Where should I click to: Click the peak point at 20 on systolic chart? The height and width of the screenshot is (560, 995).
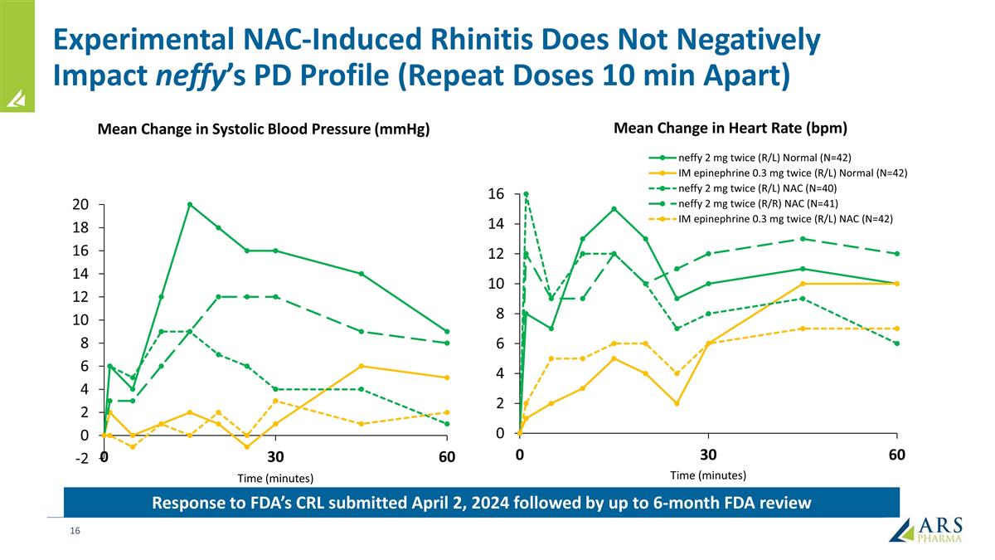click(x=190, y=204)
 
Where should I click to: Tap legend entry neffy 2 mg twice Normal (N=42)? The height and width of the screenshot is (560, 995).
click(x=764, y=158)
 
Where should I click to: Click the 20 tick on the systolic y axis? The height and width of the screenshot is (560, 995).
click(x=80, y=204)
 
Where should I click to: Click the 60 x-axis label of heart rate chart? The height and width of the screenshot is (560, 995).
click(x=896, y=455)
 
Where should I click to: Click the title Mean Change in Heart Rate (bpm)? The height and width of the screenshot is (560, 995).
click(x=730, y=129)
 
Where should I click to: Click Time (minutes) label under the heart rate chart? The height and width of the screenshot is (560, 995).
click(x=708, y=475)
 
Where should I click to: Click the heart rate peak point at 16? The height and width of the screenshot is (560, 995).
click(x=526, y=194)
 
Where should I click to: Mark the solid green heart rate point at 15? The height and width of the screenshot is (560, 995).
click(x=614, y=209)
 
